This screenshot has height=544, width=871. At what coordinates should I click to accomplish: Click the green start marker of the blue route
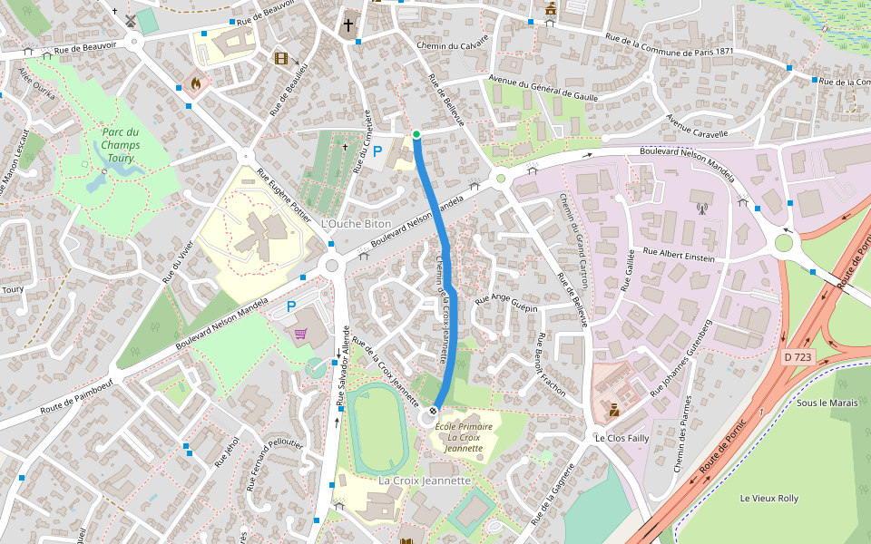point(416,135)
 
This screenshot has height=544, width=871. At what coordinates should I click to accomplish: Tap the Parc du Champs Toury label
point(120,144)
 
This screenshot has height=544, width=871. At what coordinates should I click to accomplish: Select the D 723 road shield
point(798,357)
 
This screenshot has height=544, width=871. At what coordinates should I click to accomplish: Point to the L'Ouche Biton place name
point(357,223)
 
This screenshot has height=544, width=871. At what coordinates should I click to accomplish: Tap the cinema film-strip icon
point(282,59)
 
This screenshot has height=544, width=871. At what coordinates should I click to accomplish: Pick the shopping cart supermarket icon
point(299,334)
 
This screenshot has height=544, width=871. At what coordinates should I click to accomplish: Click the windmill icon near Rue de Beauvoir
point(130,19)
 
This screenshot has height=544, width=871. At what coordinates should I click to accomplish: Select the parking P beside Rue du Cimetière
point(377,151)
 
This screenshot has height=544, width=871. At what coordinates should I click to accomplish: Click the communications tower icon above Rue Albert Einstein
point(700,208)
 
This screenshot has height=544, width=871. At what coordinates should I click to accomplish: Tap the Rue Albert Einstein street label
point(678,254)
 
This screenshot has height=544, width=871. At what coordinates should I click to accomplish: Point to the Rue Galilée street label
point(625,269)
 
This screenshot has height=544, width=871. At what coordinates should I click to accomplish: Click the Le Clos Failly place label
point(621,438)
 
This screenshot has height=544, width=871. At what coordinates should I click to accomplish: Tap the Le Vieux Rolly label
point(768,498)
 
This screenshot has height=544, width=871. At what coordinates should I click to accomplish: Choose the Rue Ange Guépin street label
point(514,302)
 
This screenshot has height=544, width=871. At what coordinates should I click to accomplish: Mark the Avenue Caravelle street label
point(697,126)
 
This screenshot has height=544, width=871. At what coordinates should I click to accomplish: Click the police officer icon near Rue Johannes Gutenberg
point(614,410)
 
